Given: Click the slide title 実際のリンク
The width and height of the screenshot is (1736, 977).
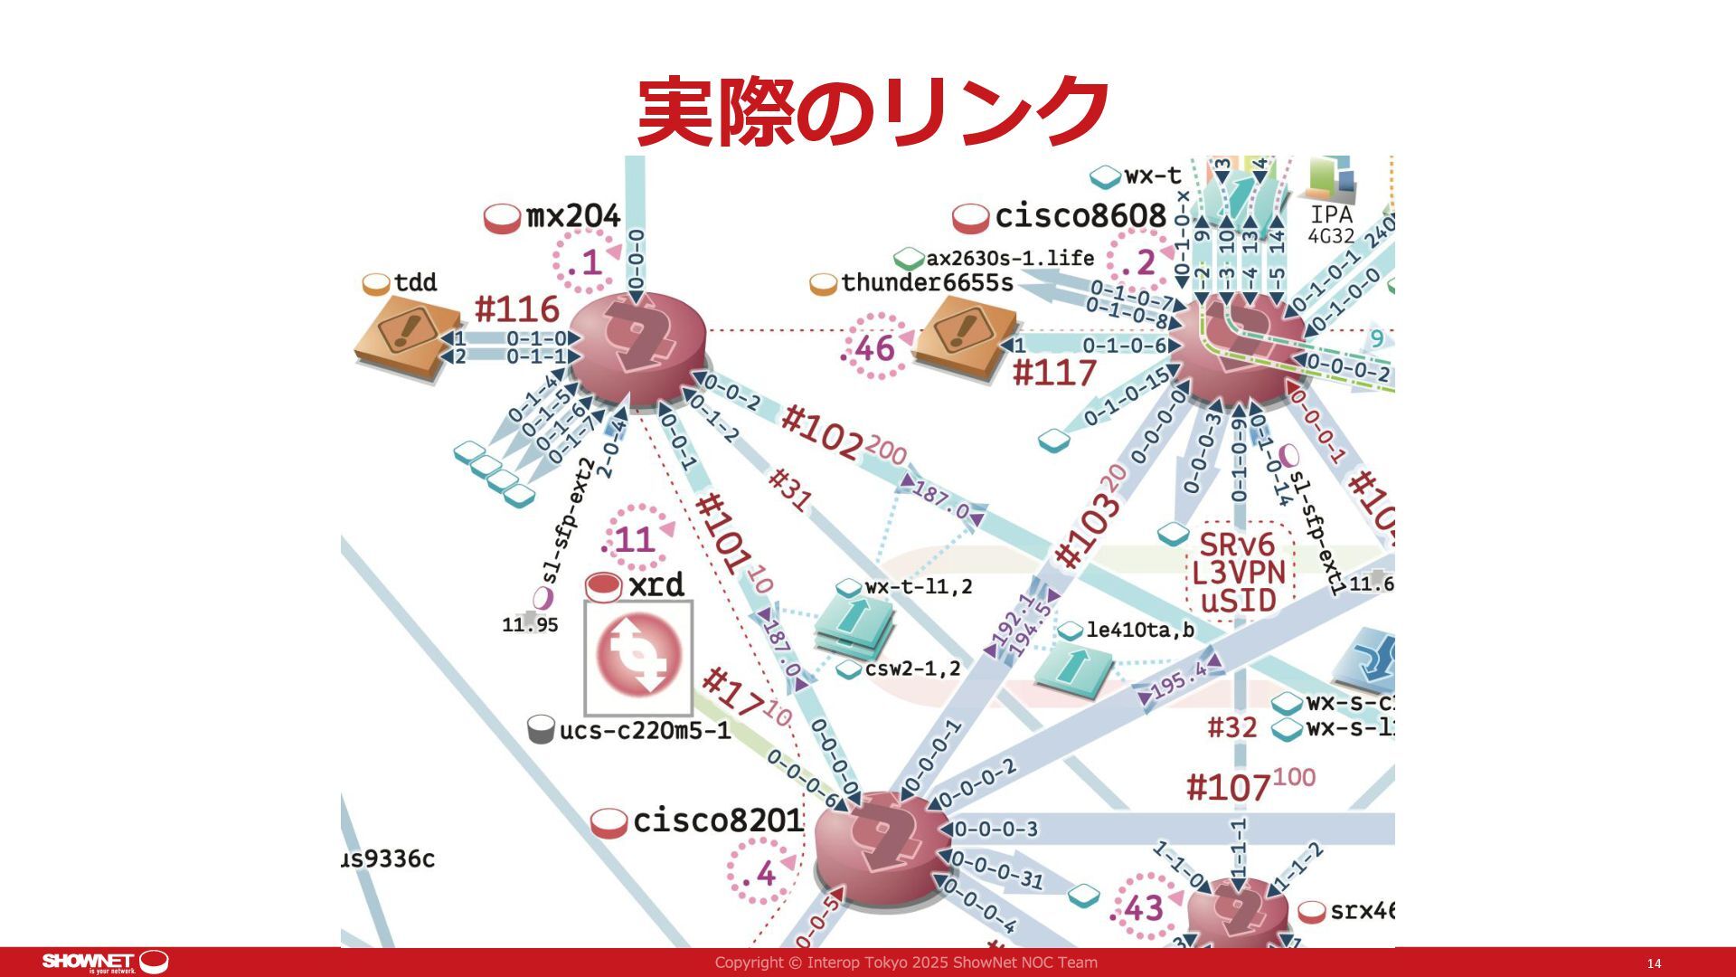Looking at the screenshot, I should tap(873, 112).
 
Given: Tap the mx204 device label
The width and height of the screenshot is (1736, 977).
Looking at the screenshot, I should tap(573, 217).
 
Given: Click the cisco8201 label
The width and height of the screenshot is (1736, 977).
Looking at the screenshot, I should tap(717, 820).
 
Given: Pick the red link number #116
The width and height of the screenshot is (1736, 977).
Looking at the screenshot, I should tap(517, 309).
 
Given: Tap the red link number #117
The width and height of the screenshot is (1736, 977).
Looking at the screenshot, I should tap(1054, 373).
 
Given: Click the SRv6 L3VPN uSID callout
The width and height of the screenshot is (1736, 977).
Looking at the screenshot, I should tap(1239, 573).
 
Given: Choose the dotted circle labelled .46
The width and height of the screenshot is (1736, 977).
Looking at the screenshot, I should tap(873, 348).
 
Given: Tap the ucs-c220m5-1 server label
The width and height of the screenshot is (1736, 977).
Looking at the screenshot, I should tap(645, 730).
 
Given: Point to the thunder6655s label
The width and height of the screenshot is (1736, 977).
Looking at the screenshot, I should tap(927, 283).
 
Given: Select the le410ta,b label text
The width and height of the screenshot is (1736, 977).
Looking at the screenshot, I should tap(1139, 630).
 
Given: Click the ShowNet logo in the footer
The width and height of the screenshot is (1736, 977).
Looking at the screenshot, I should tap(105, 963).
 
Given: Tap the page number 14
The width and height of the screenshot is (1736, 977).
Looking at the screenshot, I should tap(1654, 963).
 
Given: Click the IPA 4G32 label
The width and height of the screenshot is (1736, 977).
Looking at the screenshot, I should tap(1332, 224).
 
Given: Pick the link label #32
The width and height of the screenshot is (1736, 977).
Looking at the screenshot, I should tap(1232, 727).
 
